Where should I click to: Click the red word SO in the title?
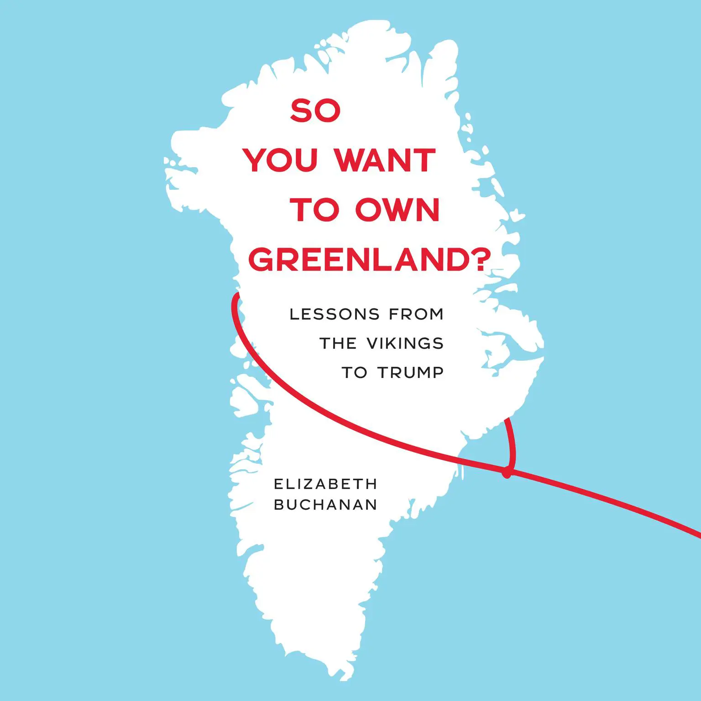click(x=315, y=111)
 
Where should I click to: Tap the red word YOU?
click(x=280, y=160)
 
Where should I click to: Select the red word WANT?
click(x=385, y=160)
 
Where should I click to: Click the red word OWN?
click(x=397, y=210)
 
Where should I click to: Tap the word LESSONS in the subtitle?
click(x=335, y=314)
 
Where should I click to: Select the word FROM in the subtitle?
click(x=416, y=314)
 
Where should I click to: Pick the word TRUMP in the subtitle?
click(x=411, y=372)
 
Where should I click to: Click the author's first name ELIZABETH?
click(x=325, y=484)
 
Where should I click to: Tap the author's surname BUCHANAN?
click(x=325, y=504)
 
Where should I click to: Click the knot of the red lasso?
click(x=507, y=473)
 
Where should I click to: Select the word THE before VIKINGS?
click(x=338, y=343)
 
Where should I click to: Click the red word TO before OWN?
click(x=315, y=210)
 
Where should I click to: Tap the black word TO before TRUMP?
click(x=354, y=372)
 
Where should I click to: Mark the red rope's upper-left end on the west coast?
click(x=236, y=296)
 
